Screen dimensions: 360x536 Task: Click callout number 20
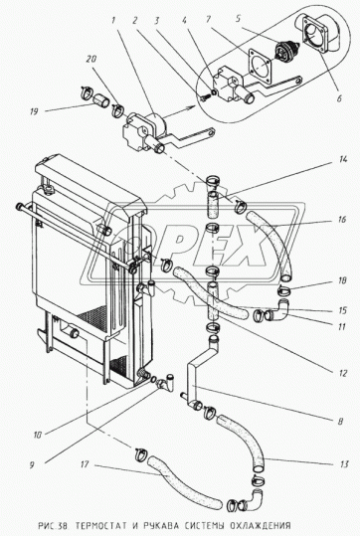point(91,59)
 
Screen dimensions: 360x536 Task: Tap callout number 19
point(34,111)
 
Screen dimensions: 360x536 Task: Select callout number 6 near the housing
point(339,98)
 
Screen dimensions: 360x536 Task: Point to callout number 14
point(343,160)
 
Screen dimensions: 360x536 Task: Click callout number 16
point(341,220)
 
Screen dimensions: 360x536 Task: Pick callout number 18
point(342,280)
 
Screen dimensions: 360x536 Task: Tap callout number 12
point(343,373)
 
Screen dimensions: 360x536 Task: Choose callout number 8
point(340,422)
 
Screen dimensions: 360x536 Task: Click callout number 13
point(344,463)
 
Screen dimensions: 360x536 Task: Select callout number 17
point(85,464)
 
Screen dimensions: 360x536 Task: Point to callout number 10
point(37,435)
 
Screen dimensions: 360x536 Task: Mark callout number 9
point(32,465)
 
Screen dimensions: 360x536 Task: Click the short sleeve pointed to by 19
point(101,100)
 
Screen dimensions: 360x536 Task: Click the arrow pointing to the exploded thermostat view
point(177,111)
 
